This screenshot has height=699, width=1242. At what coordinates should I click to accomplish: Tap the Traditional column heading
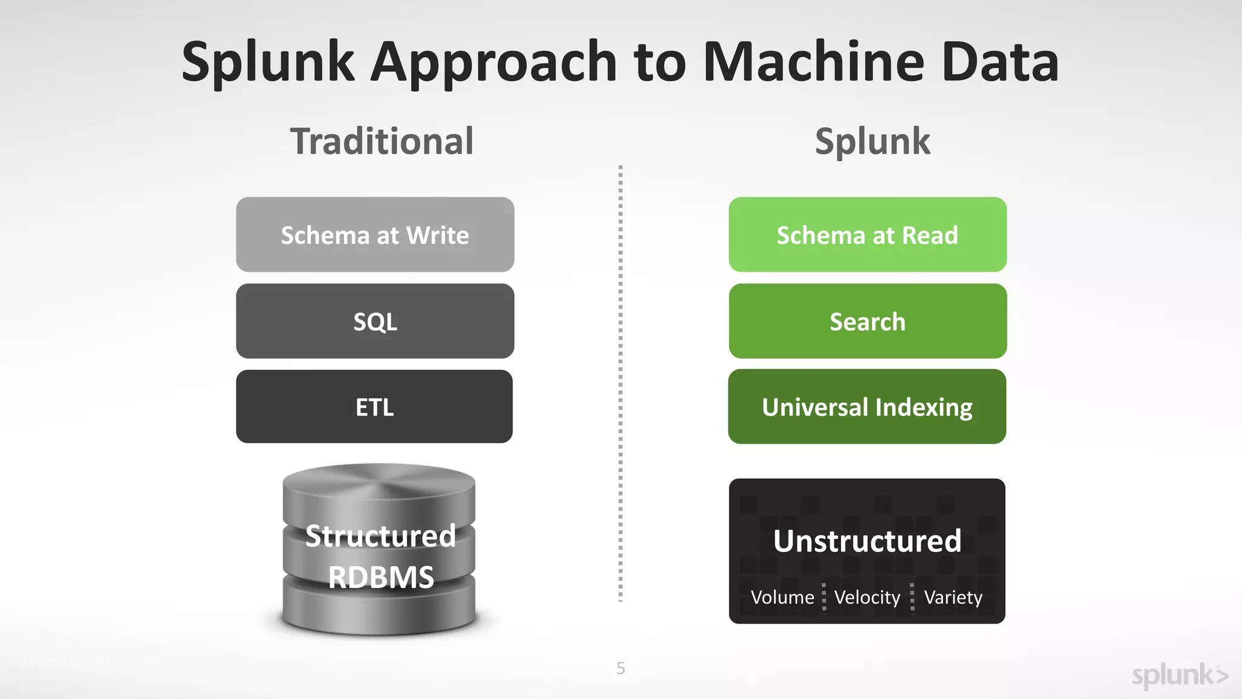(x=381, y=142)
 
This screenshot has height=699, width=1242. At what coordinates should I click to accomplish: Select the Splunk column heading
(x=872, y=142)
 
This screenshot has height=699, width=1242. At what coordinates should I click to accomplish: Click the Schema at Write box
(x=375, y=235)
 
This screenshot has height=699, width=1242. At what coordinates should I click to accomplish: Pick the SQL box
(x=375, y=322)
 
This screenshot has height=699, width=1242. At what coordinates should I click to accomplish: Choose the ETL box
(x=374, y=407)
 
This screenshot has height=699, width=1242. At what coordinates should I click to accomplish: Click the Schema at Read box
(x=867, y=235)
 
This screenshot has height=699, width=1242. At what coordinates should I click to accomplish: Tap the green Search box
(x=867, y=322)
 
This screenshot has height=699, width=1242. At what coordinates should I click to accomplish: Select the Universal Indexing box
(x=867, y=407)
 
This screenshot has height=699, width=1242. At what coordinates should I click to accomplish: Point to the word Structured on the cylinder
(x=380, y=536)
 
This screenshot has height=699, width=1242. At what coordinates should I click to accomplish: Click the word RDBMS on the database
(x=381, y=577)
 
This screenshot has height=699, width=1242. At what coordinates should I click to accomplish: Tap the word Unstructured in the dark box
(x=867, y=541)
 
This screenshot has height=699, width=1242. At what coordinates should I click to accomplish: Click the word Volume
(x=782, y=598)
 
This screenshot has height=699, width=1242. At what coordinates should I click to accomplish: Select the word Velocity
(x=867, y=598)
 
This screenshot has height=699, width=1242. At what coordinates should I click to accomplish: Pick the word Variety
(x=953, y=598)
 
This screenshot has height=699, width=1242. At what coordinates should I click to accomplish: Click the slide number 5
(x=620, y=668)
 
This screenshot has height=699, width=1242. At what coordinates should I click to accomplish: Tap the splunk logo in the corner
(x=1180, y=675)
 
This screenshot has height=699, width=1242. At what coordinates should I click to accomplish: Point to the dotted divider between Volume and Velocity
(x=824, y=597)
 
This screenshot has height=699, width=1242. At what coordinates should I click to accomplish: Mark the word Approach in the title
(x=494, y=62)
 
